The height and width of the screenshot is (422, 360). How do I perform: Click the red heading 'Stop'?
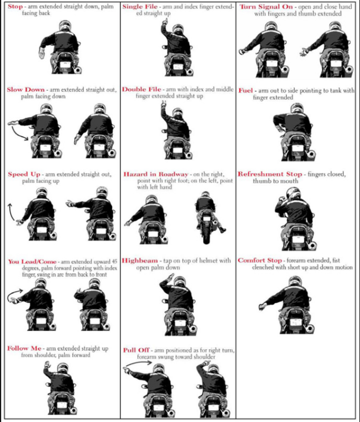coord(15,6)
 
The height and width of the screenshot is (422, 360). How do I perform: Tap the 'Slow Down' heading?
coord(26,90)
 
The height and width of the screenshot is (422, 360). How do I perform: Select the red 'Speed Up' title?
coord(24,174)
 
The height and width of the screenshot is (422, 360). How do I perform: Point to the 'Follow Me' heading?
coord(24,348)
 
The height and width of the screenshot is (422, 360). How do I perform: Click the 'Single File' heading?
coord(140,6)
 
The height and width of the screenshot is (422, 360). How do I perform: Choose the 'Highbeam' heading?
coord(140,261)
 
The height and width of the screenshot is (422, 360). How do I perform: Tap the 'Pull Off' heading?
coord(136,350)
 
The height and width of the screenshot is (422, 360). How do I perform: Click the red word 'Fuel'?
coord(246,90)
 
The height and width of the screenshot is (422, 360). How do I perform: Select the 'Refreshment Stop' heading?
coord(270,174)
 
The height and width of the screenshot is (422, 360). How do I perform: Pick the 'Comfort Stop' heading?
coord(260,261)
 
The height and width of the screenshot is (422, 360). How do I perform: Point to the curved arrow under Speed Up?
coord(11,213)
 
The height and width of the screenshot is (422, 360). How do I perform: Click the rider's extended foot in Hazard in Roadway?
coord(222,230)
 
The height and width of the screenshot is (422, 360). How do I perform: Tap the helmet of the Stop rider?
coord(64,26)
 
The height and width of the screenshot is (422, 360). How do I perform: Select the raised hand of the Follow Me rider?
coord(47,365)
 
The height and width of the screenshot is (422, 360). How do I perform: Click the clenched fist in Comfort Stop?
coord(262,306)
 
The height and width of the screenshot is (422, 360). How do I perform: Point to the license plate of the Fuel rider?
coord(297,148)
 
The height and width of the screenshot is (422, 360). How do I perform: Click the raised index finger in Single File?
coord(163,23)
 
